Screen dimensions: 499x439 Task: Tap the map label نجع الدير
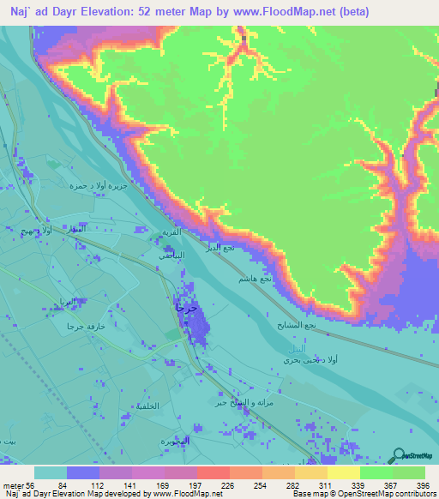click(x=219, y=247)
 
